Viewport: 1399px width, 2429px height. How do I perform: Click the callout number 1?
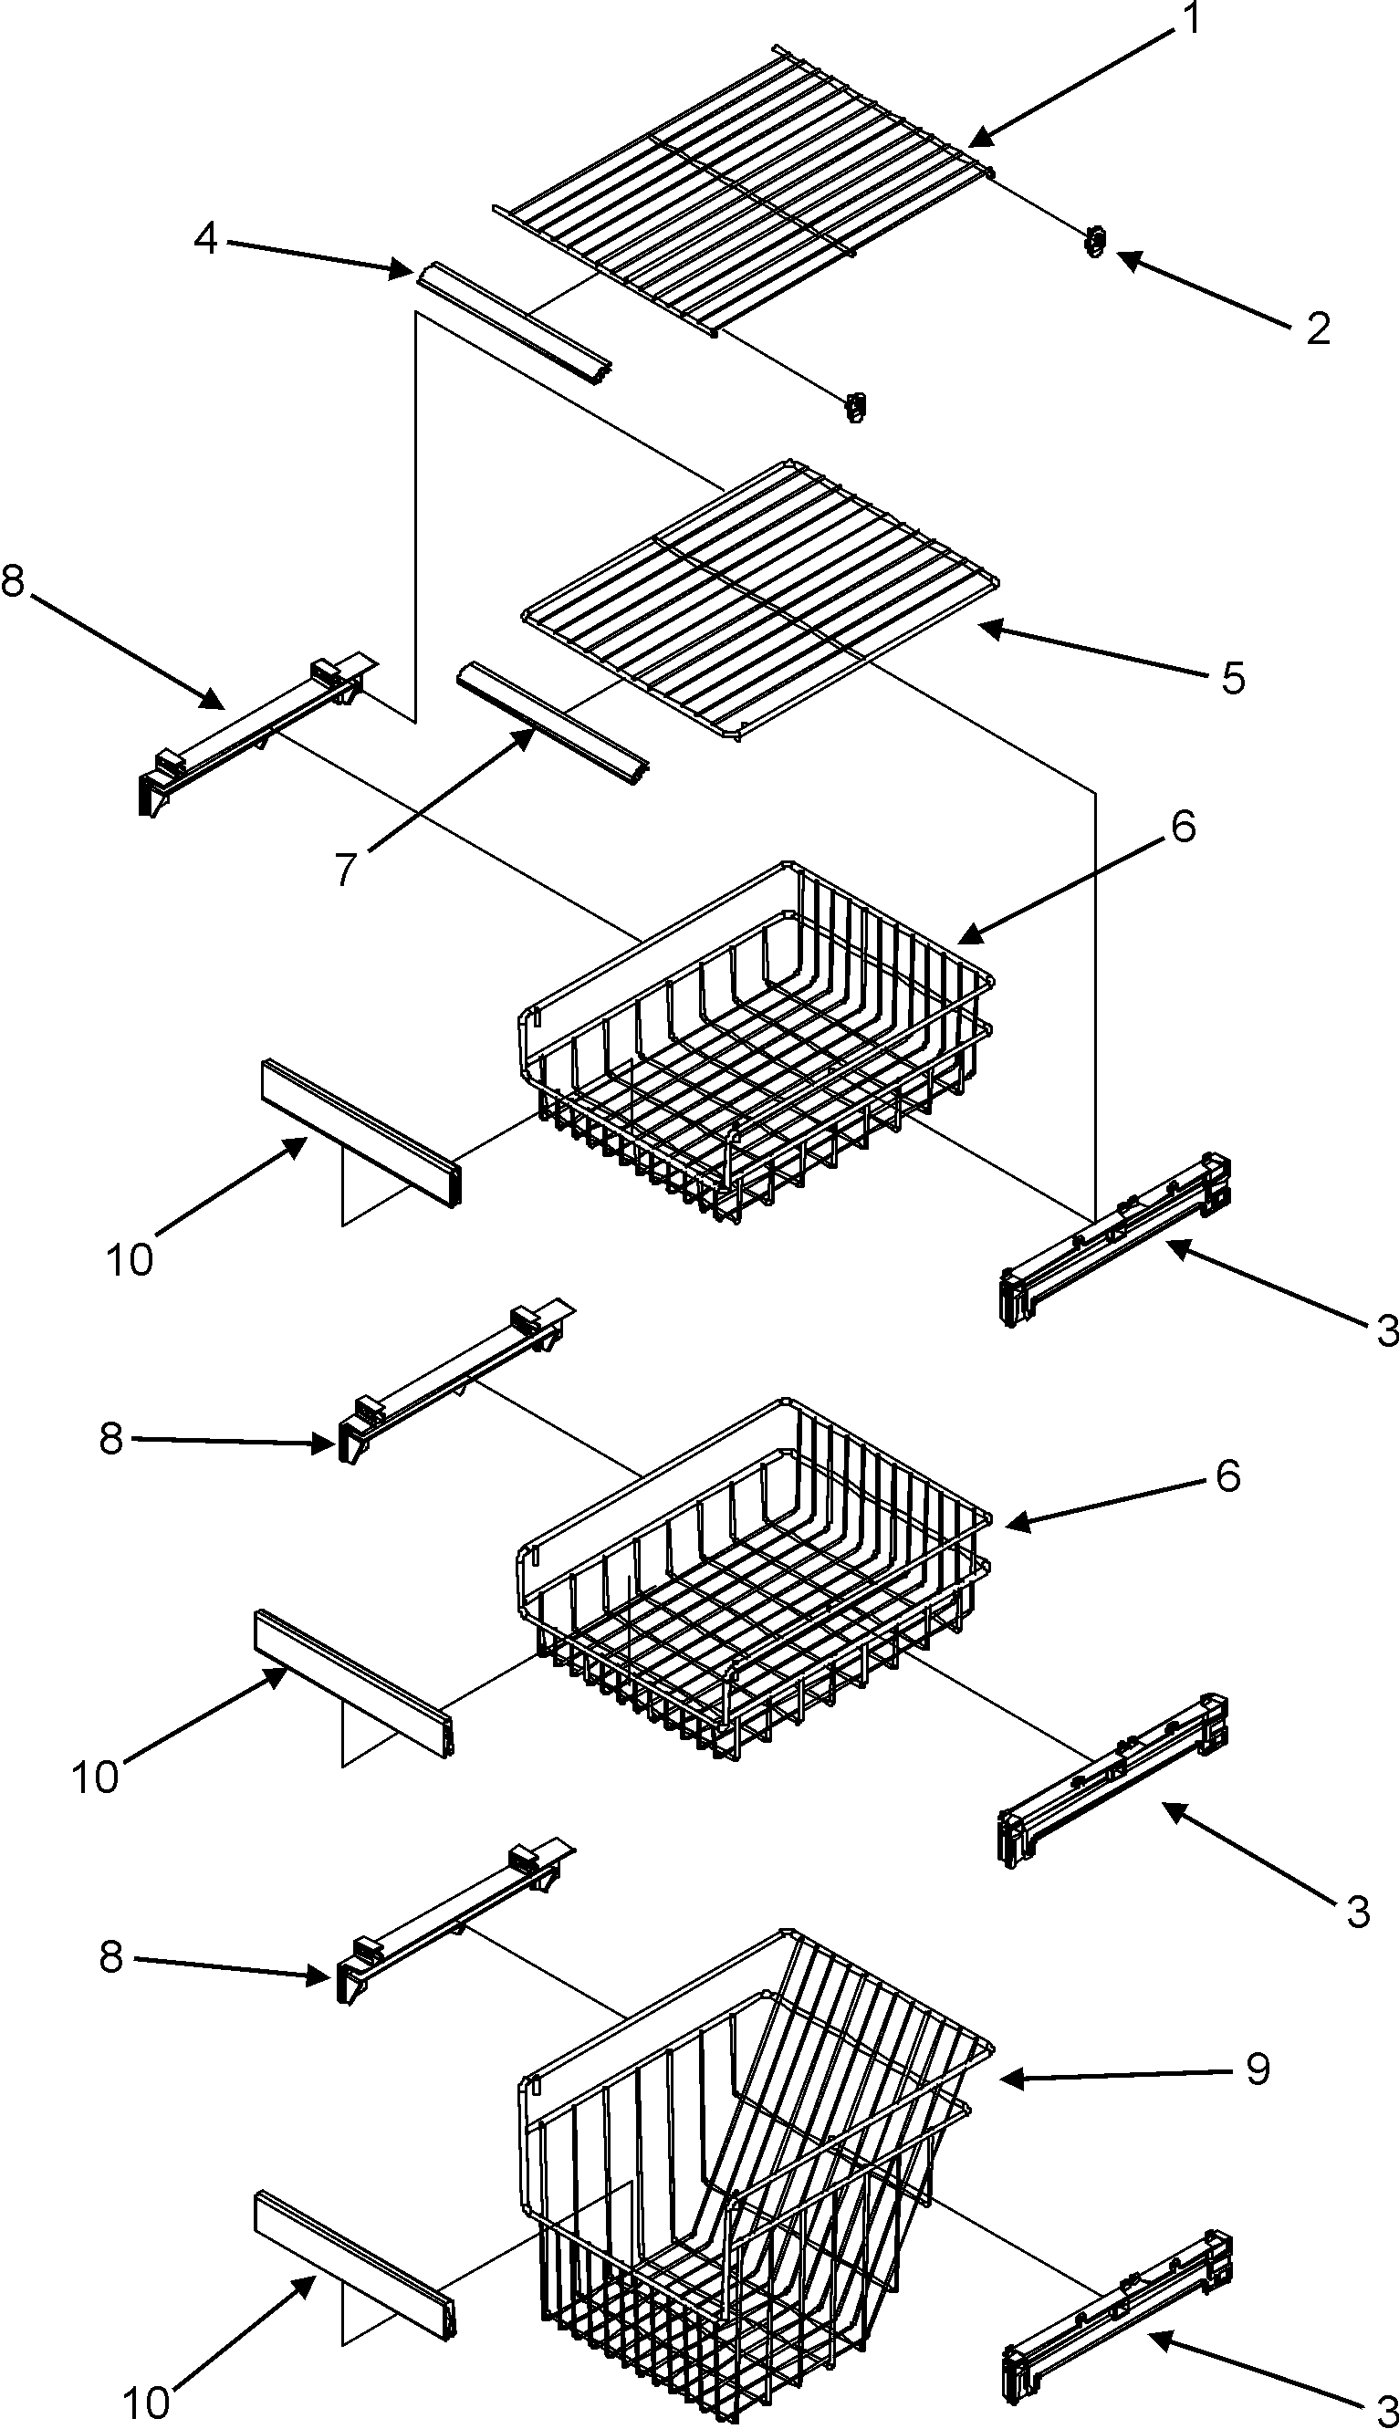[1191, 19]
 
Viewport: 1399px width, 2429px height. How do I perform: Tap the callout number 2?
[1319, 328]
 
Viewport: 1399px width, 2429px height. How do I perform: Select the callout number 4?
[205, 238]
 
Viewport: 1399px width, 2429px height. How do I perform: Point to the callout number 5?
[1234, 678]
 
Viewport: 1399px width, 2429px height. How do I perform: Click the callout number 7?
[346, 870]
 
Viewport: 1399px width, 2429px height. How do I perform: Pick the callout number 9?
[1257, 2069]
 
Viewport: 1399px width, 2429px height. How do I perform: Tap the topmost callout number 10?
[130, 1259]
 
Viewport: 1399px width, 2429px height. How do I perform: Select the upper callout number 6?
[1183, 827]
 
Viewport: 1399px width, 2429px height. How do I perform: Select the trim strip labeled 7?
[552, 724]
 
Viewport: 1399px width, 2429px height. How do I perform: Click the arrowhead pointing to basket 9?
[1007, 2080]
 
